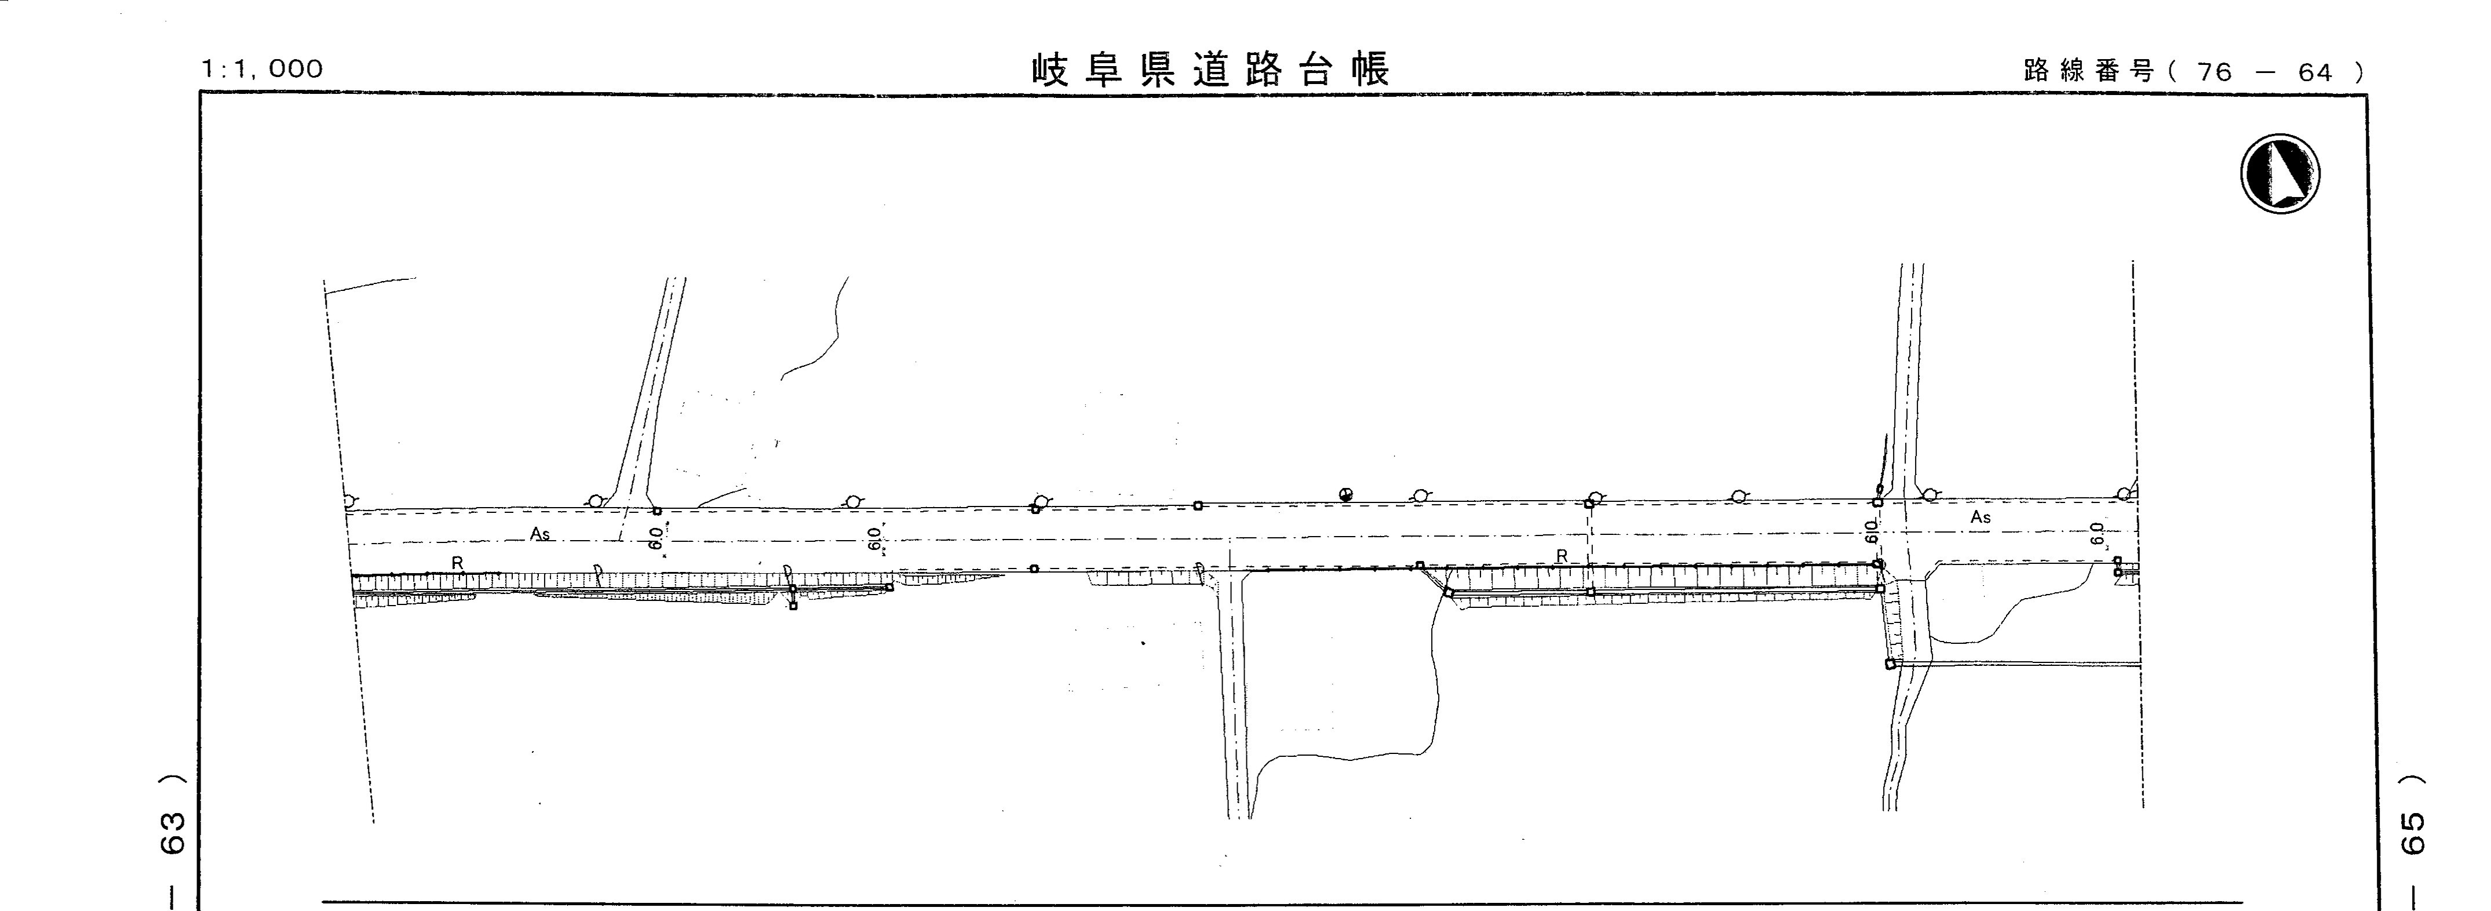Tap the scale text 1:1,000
click(x=262, y=68)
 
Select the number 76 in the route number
click(x=2215, y=72)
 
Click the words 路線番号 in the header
click(x=2087, y=71)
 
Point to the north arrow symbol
click(x=2280, y=174)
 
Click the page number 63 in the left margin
click(x=172, y=833)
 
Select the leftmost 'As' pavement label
click(x=539, y=533)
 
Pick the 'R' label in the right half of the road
click(x=1562, y=556)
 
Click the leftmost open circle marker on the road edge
click(x=349, y=501)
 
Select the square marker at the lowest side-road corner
click(x=1891, y=664)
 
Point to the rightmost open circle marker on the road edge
click(x=2124, y=494)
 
